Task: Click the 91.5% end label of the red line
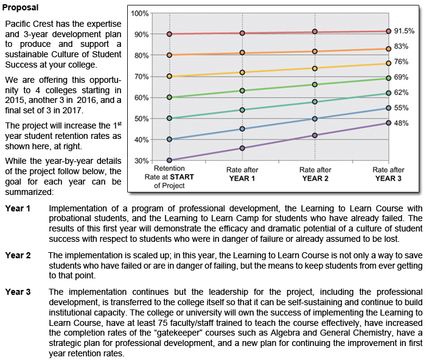404,31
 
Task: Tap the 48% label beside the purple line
401,123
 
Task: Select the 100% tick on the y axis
139,13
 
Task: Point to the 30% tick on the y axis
142,161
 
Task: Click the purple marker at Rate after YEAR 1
242,148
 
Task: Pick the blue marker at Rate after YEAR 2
315,119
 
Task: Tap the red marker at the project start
169,34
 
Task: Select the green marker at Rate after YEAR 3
388,79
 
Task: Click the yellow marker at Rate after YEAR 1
242,72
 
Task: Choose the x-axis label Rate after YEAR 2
315,174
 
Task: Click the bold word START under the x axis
182,177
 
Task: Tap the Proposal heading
20,7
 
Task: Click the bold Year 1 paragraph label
18,208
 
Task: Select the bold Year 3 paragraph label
18,292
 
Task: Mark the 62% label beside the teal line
401,93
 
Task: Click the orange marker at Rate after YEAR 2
315,51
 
